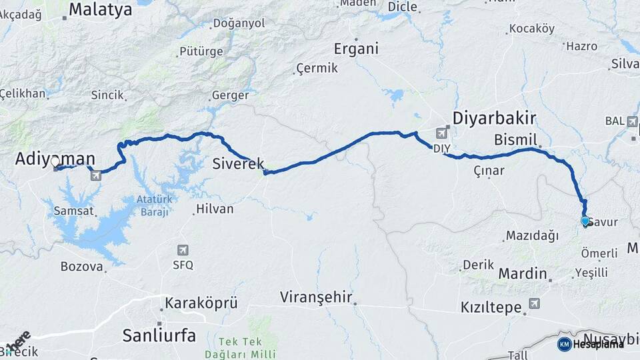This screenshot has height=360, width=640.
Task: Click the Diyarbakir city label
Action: click(494, 119)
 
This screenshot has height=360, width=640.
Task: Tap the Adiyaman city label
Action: click(55, 159)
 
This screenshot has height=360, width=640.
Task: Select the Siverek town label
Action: click(238, 163)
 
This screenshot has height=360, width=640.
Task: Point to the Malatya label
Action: click(101, 9)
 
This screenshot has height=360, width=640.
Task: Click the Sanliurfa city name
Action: click(159, 335)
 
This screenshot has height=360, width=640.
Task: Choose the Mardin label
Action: click(523, 273)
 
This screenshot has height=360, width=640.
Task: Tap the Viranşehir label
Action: click(316, 297)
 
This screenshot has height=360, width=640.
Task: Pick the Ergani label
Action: click(356, 49)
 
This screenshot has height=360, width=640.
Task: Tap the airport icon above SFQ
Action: click(183, 250)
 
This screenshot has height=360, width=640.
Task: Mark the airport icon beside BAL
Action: click(632, 121)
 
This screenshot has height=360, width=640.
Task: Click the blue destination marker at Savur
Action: click(585, 221)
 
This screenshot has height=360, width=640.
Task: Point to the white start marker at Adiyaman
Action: click(55, 162)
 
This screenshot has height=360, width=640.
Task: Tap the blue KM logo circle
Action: click(564, 344)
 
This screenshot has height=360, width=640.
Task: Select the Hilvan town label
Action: click(214, 209)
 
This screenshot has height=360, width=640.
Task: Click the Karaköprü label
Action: click(201, 303)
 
